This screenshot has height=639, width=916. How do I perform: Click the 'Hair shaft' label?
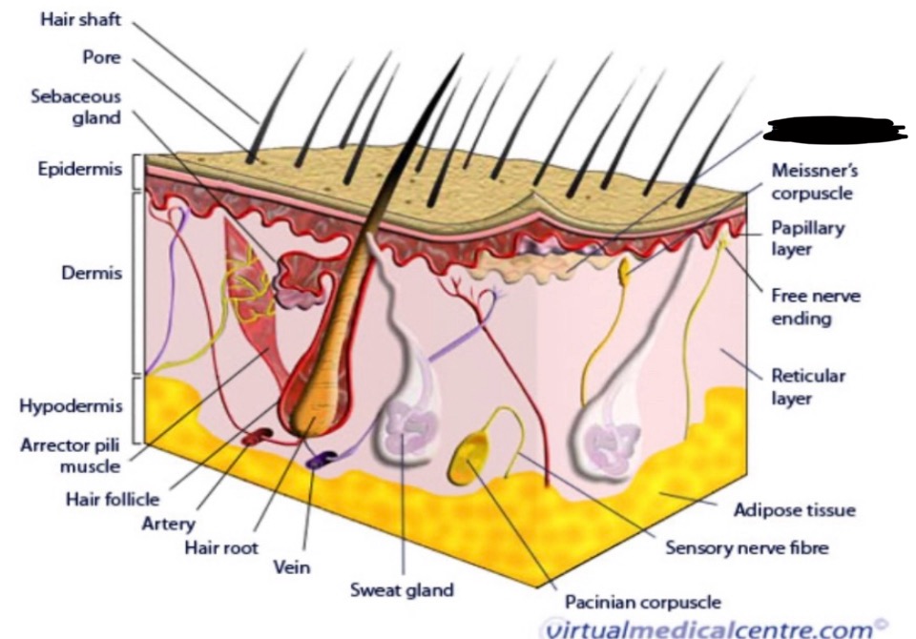pyautogui.click(x=80, y=21)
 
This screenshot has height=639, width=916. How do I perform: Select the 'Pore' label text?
pyautogui.click(x=103, y=57)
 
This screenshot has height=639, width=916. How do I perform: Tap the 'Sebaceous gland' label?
pyautogui.click(x=90, y=108)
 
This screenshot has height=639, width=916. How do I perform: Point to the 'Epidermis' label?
pyautogui.click(x=80, y=170)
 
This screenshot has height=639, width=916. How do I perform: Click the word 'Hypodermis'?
pyautogui.click(x=71, y=406)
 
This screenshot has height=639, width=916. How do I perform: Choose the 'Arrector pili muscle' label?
pyautogui.click(x=71, y=456)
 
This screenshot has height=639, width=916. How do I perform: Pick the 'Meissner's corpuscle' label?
pyautogui.click(x=814, y=182)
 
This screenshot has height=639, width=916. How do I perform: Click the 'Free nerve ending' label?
pyautogui.click(x=816, y=306)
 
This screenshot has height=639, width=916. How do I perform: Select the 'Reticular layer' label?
pyautogui.click(x=809, y=387)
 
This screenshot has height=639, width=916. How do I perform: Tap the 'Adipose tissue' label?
pyautogui.click(x=794, y=510)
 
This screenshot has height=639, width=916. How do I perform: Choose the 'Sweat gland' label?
pyautogui.click(x=402, y=589)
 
